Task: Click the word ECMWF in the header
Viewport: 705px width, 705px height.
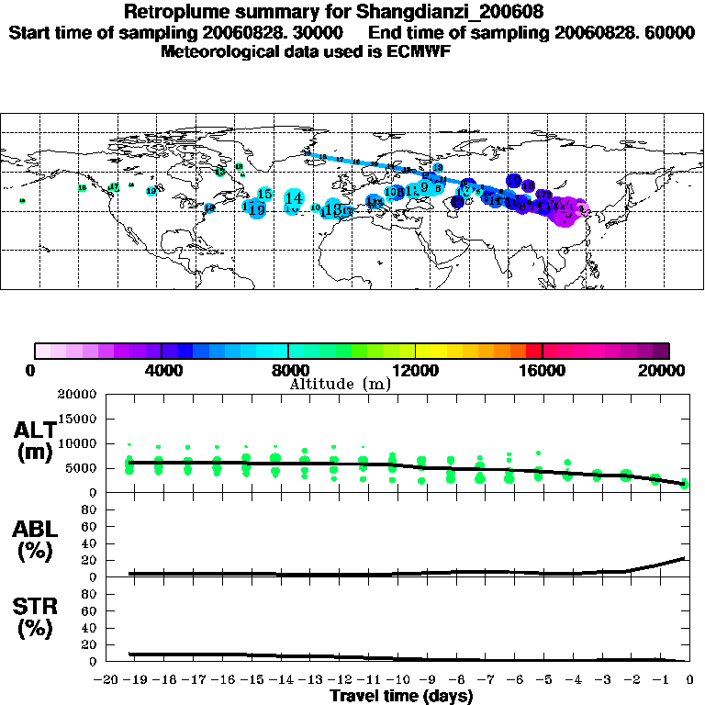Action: (x=418, y=50)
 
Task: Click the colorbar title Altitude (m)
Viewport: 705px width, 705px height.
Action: (x=340, y=384)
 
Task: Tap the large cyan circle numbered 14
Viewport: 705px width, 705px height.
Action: (x=294, y=197)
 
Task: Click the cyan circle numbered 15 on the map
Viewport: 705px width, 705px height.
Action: (x=264, y=194)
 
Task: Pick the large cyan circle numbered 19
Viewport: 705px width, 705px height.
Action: (x=256, y=209)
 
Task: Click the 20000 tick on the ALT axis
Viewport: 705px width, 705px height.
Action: (x=76, y=395)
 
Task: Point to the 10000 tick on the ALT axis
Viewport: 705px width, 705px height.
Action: (x=76, y=443)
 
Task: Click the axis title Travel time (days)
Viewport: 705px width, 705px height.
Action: (x=400, y=697)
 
